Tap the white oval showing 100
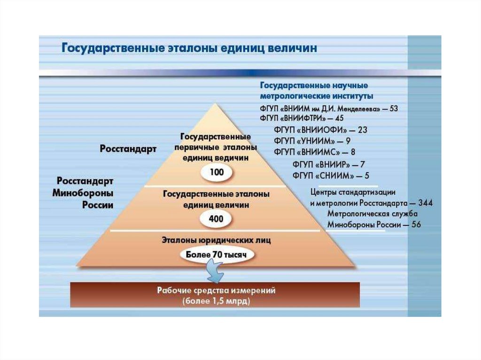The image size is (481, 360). coord(217,172)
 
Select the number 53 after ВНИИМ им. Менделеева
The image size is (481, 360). coord(393,108)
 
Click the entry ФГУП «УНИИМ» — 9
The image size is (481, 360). coord(312,141)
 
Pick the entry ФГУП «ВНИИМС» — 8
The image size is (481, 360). coord(314,152)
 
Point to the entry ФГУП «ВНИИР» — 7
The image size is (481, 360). coord(329,164)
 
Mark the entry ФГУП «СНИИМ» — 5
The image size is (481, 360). coord(331,176)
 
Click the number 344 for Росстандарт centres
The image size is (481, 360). coord(424,203)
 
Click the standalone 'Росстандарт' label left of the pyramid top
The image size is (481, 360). coord(128,149)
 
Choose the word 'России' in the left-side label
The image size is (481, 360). coord(98,205)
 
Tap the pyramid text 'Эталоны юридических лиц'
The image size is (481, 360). coord(216,240)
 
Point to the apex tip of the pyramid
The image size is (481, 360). coord(216,104)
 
